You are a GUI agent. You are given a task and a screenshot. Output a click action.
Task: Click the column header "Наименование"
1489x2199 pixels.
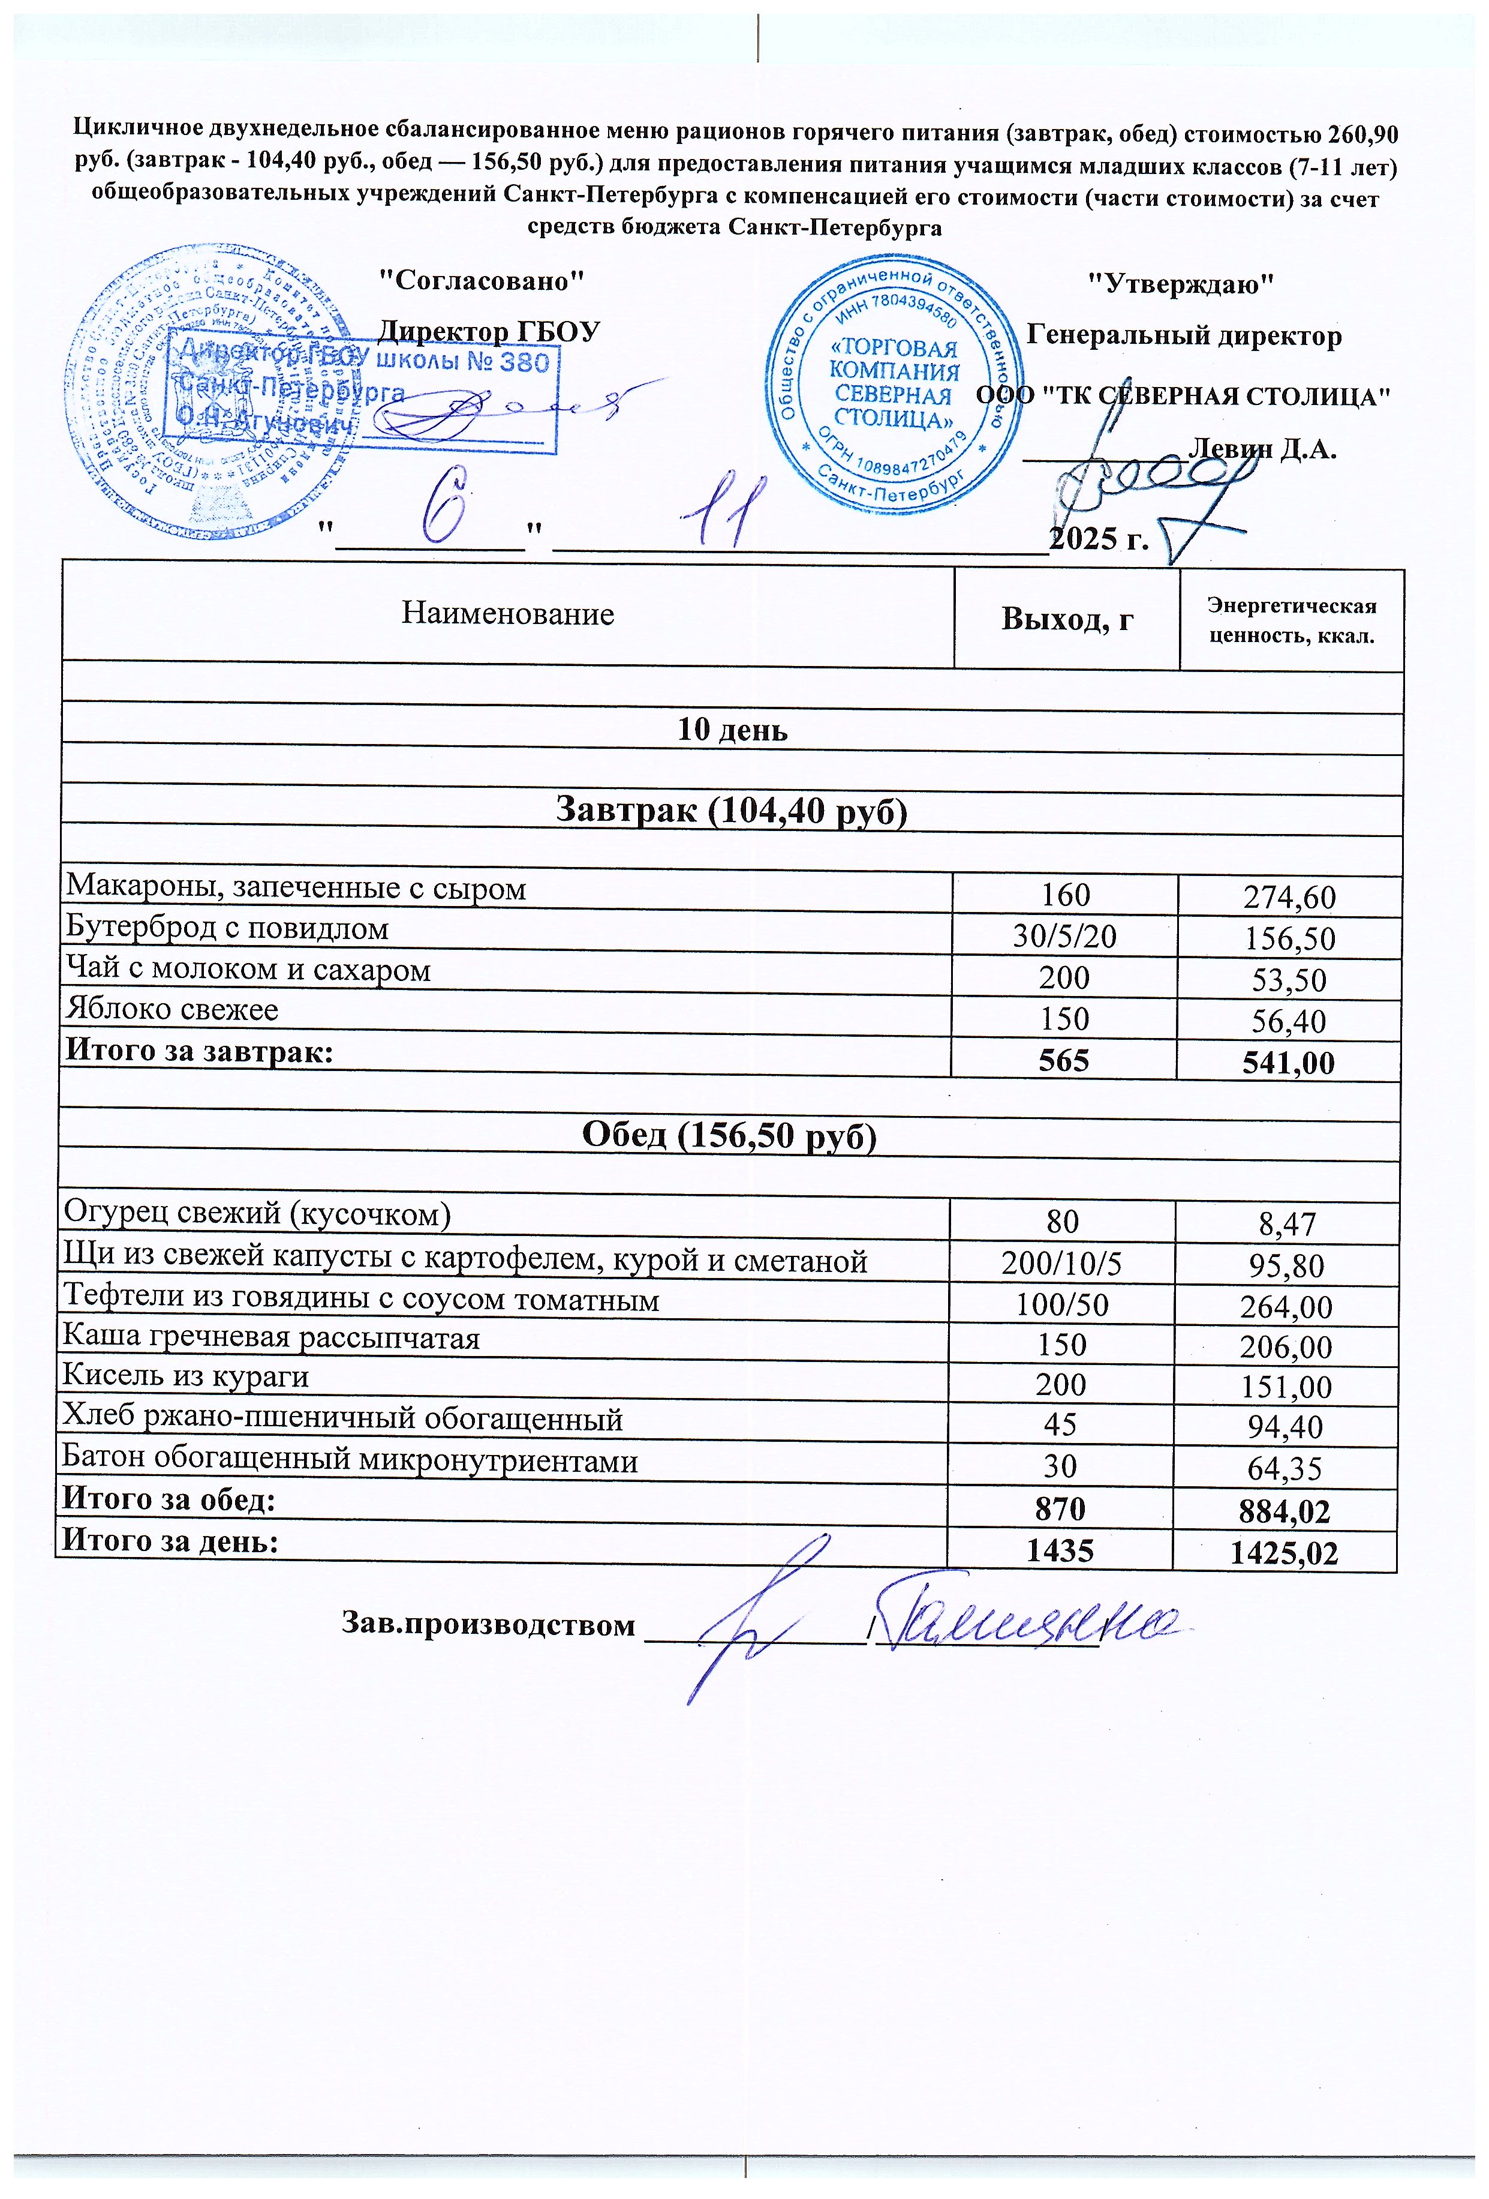(x=508, y=614)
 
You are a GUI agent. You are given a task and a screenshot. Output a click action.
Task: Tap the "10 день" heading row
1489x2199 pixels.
(x=732, y=730)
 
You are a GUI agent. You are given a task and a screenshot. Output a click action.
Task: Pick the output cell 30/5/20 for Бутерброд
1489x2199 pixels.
(x=1064, y=937)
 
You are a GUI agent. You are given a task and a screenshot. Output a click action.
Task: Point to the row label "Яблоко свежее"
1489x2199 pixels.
(x=172, y=1010)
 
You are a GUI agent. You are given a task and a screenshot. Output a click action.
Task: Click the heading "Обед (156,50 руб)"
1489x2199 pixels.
(x=729, y=1135)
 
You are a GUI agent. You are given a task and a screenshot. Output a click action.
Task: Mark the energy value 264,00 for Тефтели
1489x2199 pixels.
(x=1286, y=1307)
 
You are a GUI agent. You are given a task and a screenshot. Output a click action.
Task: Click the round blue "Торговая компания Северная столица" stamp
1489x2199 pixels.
(x=894, y=384)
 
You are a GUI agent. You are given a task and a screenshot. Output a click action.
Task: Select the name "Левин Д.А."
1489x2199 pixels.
(x=1262, y=449)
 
